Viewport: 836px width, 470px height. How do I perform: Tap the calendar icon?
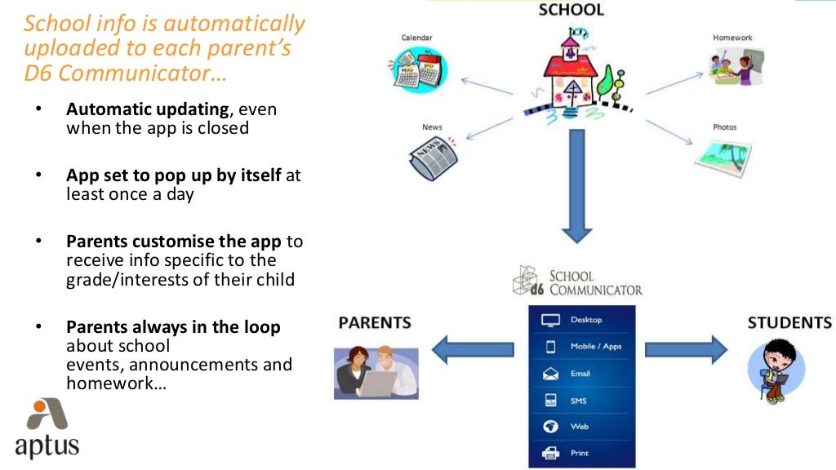(x=416, y=68)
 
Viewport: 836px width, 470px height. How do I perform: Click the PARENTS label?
(x=375, y=322)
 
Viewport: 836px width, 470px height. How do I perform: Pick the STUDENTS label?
(x=789, y=322)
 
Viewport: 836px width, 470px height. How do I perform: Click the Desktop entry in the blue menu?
(x=585, y=321)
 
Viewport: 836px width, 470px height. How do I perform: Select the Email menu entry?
(x=580, y=374)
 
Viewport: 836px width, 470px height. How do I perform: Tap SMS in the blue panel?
(x=578, y=401)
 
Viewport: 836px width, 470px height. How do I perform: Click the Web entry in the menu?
(x=579, y=427)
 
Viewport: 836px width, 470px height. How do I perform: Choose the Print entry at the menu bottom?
(x=579, y=453)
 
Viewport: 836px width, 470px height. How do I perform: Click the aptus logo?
(x=47, y=429)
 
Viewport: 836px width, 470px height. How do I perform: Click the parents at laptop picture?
(x=376, y=371)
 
